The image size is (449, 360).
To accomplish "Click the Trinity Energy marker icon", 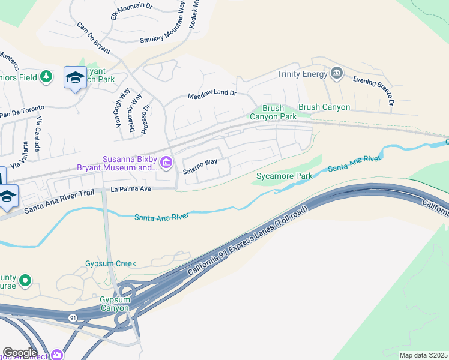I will (337, 74).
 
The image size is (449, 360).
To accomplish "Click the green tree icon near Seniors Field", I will (46, 77).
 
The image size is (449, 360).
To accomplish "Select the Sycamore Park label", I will (284, 176).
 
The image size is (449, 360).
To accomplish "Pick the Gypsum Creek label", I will (110, 263).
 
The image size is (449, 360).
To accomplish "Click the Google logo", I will (20, 353).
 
